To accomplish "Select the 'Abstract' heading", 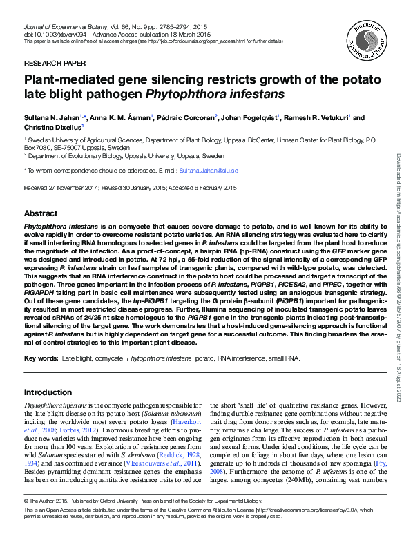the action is point(41,213).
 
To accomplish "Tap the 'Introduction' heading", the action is point(48,392).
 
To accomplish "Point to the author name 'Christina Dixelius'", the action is point(52,127).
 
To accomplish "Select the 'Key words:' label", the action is point(41,359).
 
